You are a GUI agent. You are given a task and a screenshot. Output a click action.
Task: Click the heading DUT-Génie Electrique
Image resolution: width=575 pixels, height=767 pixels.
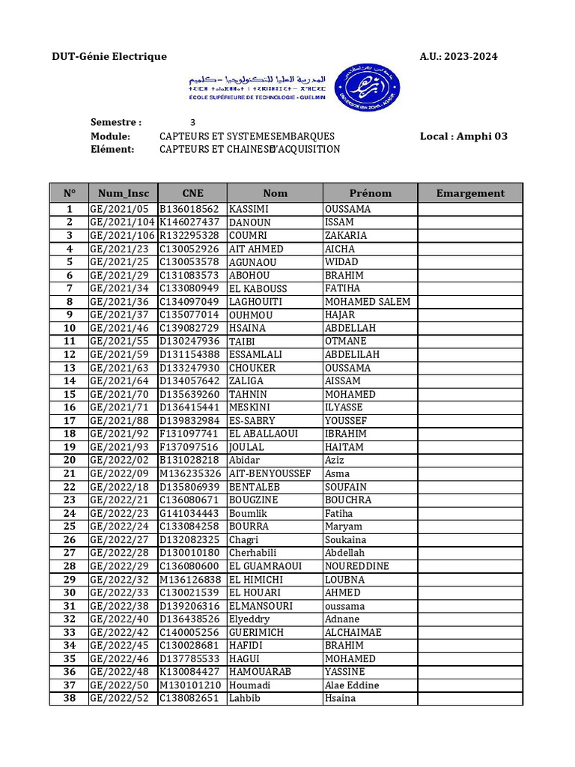109,57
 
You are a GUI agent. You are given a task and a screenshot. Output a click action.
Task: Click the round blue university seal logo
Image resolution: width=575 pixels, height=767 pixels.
366,86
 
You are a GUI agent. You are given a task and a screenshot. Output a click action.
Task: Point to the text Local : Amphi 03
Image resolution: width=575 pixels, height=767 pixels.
463,136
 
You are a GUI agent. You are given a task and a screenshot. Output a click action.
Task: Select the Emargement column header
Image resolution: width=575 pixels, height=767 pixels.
470,193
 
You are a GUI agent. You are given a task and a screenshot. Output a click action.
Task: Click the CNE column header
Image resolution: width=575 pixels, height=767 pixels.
192,193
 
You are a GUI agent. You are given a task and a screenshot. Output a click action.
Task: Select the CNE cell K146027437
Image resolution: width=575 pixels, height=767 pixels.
189,222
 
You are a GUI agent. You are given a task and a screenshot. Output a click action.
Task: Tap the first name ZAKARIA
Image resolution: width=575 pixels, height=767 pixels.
346,236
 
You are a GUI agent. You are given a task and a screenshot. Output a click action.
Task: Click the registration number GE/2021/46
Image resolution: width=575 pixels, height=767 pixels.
120,328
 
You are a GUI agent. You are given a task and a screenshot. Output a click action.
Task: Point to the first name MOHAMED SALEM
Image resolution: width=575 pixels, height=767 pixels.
367,302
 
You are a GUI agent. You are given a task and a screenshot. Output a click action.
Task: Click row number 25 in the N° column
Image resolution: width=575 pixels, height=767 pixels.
69,527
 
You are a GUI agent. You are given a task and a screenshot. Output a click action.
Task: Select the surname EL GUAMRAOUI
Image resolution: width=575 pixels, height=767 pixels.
265,566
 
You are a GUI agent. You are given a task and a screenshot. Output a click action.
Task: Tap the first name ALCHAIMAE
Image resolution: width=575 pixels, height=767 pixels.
353,632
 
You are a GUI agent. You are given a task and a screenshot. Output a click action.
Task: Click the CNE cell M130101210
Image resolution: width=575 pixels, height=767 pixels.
190,685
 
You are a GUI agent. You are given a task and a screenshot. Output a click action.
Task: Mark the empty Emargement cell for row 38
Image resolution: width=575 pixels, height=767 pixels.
470,699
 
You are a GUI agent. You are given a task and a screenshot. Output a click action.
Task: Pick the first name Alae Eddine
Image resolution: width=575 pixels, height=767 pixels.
351,685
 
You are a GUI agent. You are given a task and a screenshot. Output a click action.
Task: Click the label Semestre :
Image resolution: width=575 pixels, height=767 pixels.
116,122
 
